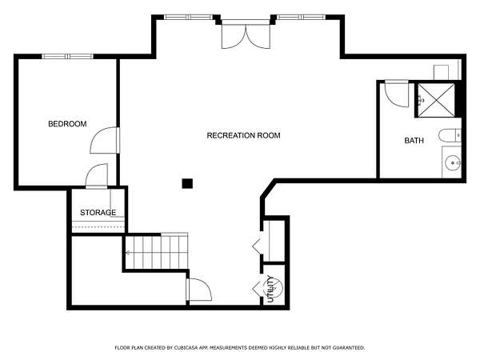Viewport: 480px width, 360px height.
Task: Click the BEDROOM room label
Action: (x=67, y=124)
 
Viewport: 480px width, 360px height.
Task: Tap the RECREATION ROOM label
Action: (x=244, y=136)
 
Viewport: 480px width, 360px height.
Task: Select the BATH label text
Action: (x=414, y=141)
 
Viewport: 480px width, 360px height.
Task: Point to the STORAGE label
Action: (x=98, y=213)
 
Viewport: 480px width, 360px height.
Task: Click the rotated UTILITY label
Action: (x=270, y=289)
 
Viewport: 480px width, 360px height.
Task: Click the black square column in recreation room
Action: (x=187, y=184)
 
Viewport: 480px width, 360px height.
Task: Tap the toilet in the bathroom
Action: (x=450, y=136)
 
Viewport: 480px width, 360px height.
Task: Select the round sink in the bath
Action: (x=453, y=163)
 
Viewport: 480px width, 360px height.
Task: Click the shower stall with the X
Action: (x=436, y=100)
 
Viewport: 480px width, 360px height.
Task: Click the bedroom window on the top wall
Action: (x=67, y=56)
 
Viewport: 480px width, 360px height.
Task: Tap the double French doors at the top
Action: (x=246, y=34)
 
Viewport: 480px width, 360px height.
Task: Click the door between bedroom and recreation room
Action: (x=104, y=140)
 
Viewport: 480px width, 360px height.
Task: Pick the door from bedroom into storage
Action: (x=97, y=176)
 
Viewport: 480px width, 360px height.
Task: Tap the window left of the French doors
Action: (x=189, y=17)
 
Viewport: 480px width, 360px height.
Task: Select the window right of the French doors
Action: (x=302, y=17)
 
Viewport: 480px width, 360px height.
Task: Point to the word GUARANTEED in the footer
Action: (x=348, y=348)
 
